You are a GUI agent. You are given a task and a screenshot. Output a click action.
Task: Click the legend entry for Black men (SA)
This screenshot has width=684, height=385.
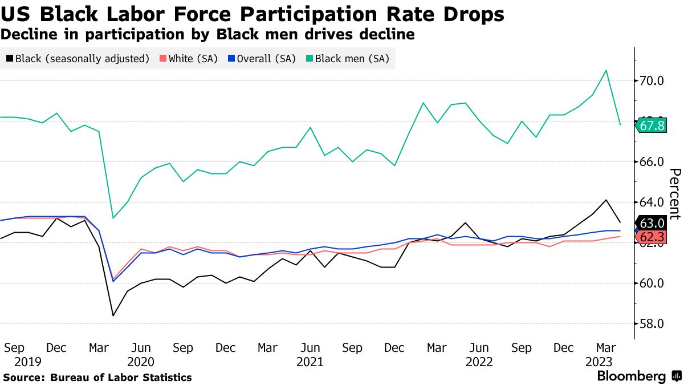pyautogui.click(x=347, y=58)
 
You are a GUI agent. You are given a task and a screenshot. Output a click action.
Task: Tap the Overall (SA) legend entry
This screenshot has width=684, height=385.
pyautogui.click(x=262, y=58)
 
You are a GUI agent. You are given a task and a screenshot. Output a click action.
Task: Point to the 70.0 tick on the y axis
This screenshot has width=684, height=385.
pyautogui.click(x=652, y=80)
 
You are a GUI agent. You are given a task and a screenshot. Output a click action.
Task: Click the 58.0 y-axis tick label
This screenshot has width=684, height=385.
pyautogui.click(x=652, y=324)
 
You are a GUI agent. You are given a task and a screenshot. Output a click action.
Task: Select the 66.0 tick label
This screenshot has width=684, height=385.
pyautogui.click(x=652, y=162)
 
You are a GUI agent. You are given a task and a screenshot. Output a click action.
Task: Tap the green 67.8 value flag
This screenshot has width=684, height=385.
pyautogui.click(x=652, y=125)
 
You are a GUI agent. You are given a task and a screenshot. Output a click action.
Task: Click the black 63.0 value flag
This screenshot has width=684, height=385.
pyautogui.click(x=652, y=222)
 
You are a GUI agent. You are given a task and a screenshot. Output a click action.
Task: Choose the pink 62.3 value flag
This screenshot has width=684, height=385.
pyautogui.click(x=652, y=236)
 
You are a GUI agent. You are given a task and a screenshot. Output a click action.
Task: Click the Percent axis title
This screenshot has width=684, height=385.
pyautogui.click(x=674, y=194)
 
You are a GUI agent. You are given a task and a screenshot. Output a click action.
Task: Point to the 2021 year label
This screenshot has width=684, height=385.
pyautogui.click(x=310, y=362)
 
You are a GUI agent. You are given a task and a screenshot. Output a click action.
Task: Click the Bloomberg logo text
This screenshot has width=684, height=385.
pyautogui.click(x=631, y=376)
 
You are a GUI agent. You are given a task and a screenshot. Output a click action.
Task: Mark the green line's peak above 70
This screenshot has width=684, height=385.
pyautogui.click(x=606, y=70)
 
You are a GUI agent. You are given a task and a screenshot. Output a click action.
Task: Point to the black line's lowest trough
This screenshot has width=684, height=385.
pyautogui.click(x=113, y=315)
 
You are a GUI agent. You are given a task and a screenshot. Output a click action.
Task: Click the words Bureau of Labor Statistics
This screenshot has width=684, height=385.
pyautogui.click(x=121, y=378)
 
